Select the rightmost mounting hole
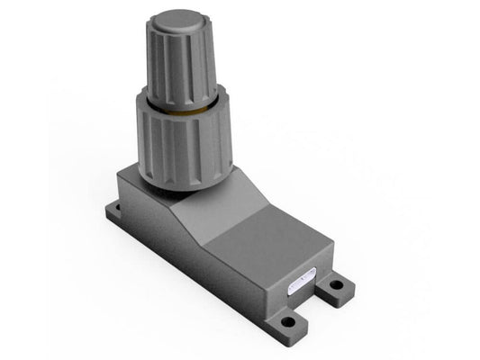pos(336,286)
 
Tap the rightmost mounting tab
pos(338,288)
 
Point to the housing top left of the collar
pos(135,180)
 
